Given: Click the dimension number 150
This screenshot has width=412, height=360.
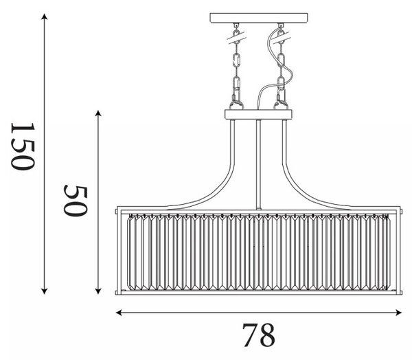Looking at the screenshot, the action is [x=23, y=146].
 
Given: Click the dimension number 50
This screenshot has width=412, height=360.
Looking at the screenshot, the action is [x=75, y=201].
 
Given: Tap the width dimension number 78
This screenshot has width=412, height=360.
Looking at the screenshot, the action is [x=258, y=335].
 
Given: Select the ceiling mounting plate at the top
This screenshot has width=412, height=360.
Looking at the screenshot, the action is [x=259, y=18].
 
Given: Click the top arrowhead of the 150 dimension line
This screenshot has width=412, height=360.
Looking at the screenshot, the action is [x=45, y=16].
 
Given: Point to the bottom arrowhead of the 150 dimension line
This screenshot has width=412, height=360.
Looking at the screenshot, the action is [x=45, y=291].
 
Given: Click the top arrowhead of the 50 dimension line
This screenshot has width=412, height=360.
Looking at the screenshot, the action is [x=98, y=113].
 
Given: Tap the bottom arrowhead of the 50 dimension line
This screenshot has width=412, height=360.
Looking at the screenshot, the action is [x=98, y=291].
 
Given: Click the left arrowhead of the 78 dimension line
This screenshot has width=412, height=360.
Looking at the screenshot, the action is [x=119, y=313].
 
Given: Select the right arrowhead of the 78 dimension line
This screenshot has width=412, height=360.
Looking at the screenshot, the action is [x=398, y=313].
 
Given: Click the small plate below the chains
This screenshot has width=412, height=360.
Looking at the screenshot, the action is [x=259, y=115].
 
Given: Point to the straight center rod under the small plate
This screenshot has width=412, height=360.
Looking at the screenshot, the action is [x=259, y=164].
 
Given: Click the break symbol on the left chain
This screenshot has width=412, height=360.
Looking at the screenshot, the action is [x=237, y=39].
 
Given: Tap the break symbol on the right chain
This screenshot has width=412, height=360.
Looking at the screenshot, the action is [x=281, y=38].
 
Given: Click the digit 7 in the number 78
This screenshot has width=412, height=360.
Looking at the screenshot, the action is [x=250, y=335].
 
